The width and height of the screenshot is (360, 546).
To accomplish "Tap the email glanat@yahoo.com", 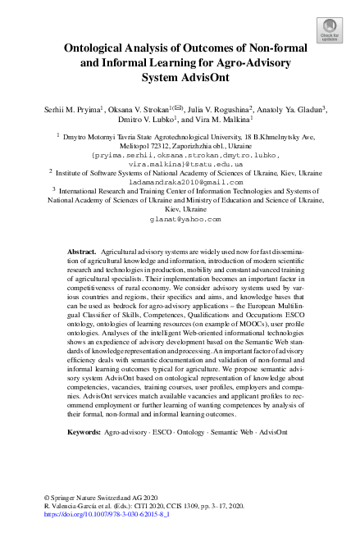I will click(x=180, y=220).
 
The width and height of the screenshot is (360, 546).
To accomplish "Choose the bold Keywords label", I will click(x=84, y=430).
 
